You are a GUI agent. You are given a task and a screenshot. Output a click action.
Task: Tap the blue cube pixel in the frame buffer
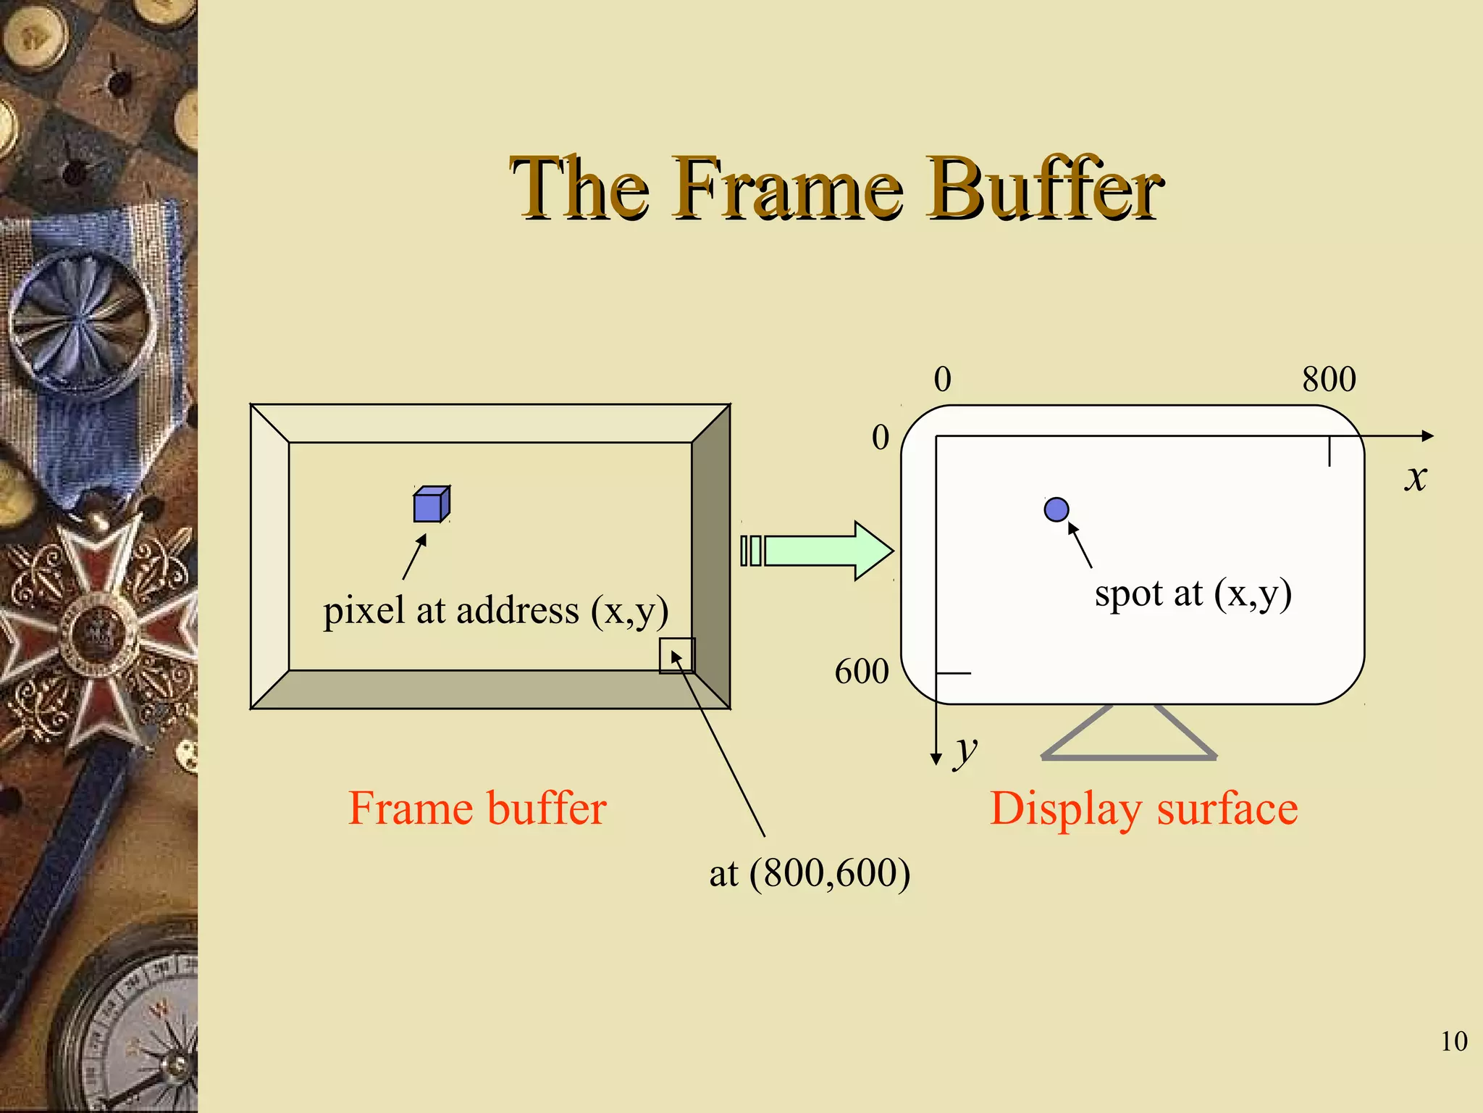(x=431, y=504)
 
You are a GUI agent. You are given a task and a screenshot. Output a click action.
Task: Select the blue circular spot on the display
(x=1056, y=509)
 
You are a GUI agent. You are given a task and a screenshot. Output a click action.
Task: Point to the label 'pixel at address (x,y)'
(x=495, y=610)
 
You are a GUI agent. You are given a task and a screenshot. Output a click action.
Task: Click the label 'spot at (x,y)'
(x=1193, y=594)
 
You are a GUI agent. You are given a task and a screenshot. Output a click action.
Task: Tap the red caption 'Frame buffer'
(x=477, y=809)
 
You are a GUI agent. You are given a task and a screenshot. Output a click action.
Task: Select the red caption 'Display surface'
(x=1143, y=809)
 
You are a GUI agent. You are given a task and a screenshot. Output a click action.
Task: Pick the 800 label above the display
(x=1329, y=379)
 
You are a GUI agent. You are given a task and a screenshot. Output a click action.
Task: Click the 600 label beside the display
(x=862, y=672)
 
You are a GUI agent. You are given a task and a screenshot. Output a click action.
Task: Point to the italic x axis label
(x=1416, y=478)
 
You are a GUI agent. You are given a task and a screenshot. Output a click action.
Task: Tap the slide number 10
(x=1453, y=1041)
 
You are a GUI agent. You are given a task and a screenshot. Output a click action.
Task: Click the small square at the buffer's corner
(x=677, y=656)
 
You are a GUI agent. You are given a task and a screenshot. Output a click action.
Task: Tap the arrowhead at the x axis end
(x=1427, y=435)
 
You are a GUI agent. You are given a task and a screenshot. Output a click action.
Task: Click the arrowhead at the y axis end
(x=936, y=759)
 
